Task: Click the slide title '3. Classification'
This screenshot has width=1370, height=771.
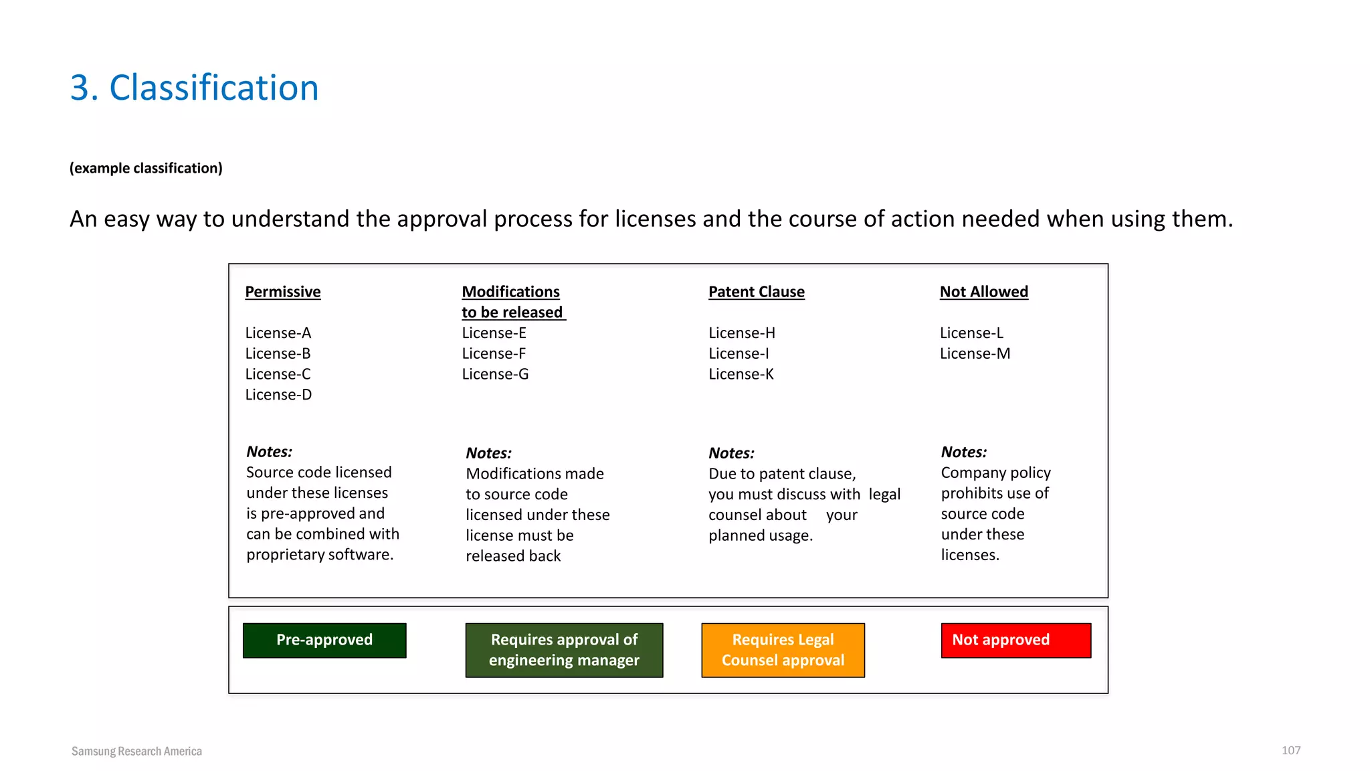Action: point(194,88)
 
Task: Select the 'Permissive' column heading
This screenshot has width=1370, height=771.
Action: point(283,292)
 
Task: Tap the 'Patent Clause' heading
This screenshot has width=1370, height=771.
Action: point(756,292)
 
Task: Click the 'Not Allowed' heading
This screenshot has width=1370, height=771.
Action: point(983,292)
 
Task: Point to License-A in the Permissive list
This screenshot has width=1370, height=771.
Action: point(278,333)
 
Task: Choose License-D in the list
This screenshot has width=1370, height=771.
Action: point(278,394)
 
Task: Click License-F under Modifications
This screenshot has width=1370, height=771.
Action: point(494,353)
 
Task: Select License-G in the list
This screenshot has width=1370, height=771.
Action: point(495,374)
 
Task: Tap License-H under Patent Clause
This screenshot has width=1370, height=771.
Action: point(742,333)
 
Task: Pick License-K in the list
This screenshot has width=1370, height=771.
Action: point(741,374)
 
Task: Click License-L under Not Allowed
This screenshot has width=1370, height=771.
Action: point(971,333)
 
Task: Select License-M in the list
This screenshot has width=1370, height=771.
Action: point(975,353)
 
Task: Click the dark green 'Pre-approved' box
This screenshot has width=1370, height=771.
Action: point(324,640)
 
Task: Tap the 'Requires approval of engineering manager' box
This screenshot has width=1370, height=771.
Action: point(564,650)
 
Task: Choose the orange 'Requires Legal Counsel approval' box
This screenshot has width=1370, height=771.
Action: point(783,650)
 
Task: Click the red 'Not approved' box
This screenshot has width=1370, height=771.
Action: point(1015,640)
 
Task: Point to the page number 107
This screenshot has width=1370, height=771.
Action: point(1290,750)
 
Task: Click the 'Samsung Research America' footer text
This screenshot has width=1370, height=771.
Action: point(136,751)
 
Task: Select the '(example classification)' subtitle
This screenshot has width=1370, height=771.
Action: point(146,168)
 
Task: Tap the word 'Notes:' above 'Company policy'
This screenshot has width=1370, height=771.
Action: point(963,452)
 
